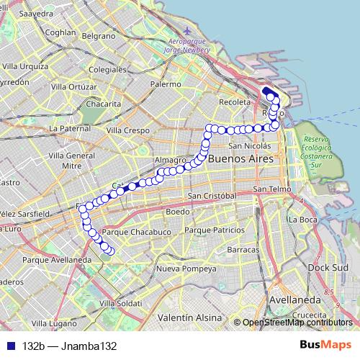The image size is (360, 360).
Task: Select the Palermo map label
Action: pyautogui.click(x=166, y=84)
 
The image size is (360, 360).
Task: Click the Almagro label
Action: pyautogui.click(x=170, y=160)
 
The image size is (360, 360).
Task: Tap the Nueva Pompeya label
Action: pyautogui.click(x=186, y=269)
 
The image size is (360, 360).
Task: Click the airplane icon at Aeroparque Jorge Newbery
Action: pyautogui.click(x=189, y=31)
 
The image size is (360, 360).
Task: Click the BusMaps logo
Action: pyautogui.click(x=326, y=346)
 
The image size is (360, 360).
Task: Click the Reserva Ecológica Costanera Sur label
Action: pyautogui.click(x=321, y=150)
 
